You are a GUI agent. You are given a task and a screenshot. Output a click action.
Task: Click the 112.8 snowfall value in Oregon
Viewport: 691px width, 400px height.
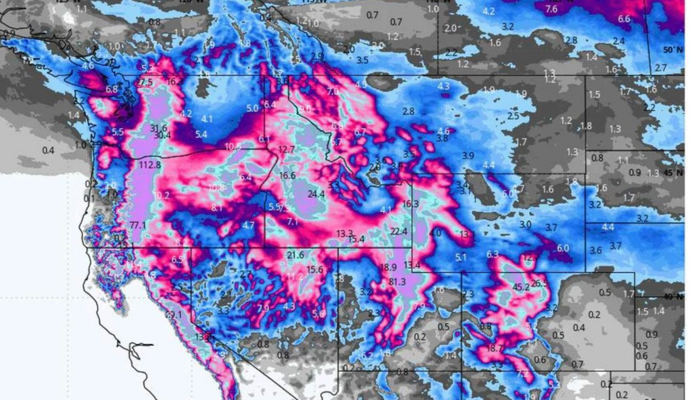click(x=150, y=165)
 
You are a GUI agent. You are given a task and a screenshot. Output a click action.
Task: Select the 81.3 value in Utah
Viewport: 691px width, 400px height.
click(x=398, y=281)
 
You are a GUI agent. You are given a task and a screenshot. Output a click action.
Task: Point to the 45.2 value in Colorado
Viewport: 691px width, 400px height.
click(x=521, y=287)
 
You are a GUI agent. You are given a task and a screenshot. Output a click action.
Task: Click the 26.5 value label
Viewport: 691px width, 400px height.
click(x=540, y=283)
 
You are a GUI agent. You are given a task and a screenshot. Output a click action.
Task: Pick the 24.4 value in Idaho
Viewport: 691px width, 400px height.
click(x=316, y=194)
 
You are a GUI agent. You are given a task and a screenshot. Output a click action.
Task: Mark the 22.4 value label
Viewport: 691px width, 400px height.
click(x=398, y=231)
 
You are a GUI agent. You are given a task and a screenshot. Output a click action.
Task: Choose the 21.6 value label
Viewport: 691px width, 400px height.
click(x=295, y=255)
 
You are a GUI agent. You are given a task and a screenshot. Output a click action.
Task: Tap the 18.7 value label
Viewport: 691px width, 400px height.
click(x=495, y=348)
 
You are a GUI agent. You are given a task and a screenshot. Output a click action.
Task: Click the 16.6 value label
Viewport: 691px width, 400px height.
click(x=287, y=176)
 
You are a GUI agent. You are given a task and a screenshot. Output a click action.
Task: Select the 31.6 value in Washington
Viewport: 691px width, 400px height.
click(x=158, y=128)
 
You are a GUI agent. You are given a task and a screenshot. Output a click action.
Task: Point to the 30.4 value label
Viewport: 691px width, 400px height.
click(x=162, y=136)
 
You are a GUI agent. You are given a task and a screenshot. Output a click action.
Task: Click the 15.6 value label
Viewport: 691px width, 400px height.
click(x=315, y=269)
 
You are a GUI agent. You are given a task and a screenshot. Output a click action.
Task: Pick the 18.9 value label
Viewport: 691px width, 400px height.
click(x=388, y=267)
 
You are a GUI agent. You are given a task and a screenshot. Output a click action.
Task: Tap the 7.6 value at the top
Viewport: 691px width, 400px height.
click(x=551, y=9)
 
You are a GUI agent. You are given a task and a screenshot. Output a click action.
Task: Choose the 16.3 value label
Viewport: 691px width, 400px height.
click(x=411, y=204)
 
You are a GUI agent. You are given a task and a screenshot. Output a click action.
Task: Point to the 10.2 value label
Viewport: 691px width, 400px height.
click(x=162, y=196)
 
